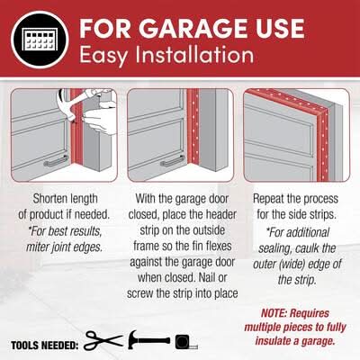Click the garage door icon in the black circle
[x=40, y=40]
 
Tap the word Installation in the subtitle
[x=194, y=55]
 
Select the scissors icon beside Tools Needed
[x=103, y=340]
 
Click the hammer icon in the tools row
[x=148, y=340]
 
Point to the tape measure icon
[x=186, y=342]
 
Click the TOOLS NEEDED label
[x=45, y=346]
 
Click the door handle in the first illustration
[x=56, y=161]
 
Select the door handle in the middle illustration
[x=172, y=161]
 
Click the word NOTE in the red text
[x=274, y=313]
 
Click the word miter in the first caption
[x=39, y=247]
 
